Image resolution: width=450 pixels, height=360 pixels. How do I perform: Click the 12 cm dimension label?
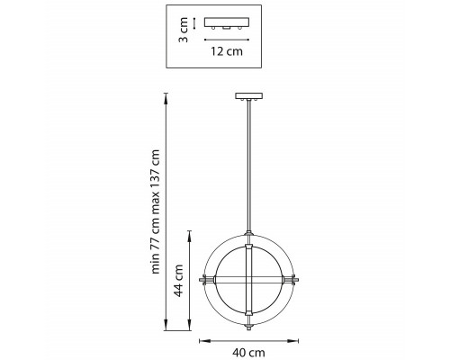pyautogui.click(x=227, y=51)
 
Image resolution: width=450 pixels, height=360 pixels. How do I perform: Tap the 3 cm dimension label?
pyautogui.click(x=184, y=30)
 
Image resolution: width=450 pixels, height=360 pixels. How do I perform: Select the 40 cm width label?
pyautogui.click(x=248, y=353)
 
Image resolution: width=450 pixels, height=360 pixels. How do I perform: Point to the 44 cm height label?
pyautogui.click(x=179, y=281)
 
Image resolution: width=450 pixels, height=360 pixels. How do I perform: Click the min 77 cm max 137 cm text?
pyautogui.click(x=156, y=211)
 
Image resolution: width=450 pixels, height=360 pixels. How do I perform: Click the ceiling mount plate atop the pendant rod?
pyautogui.click(x=248, y=96)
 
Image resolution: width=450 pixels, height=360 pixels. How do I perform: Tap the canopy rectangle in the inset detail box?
pyautogui.click(x=227, y=22)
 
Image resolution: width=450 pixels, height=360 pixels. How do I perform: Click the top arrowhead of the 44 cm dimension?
pyautogui.click(x=189, y=236)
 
